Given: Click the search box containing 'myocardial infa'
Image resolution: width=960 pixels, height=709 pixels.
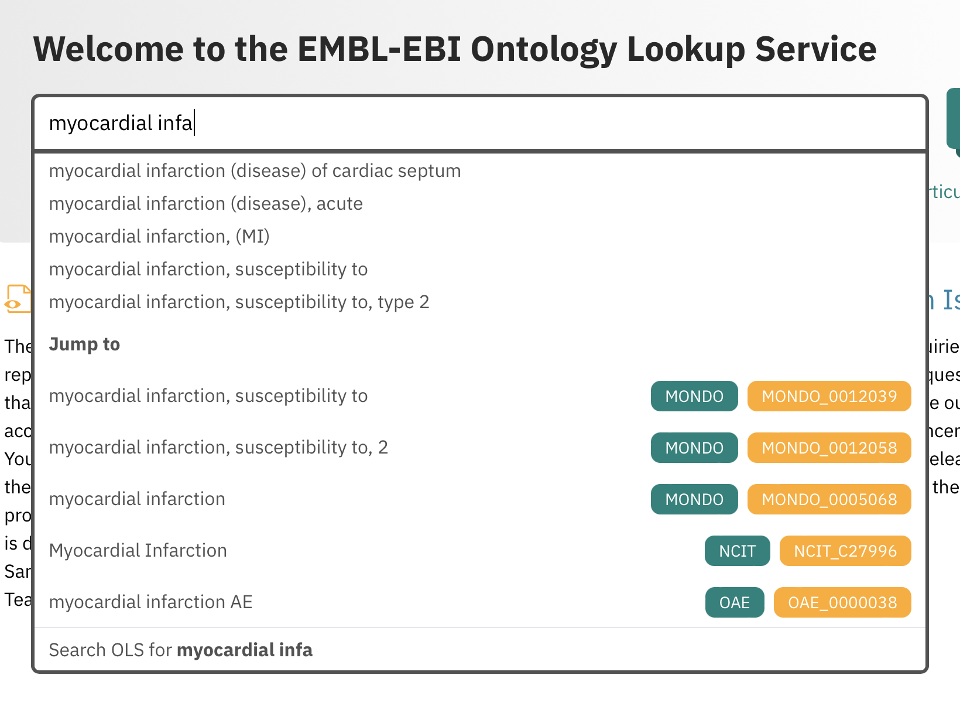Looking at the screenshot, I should point(480,123).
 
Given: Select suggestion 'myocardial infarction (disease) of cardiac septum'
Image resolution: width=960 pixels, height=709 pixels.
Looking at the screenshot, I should point(255,171).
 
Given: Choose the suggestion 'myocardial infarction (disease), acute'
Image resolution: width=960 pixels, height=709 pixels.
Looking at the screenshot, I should point(205,204).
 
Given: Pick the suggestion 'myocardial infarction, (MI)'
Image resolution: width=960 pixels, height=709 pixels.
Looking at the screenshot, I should point(159,237).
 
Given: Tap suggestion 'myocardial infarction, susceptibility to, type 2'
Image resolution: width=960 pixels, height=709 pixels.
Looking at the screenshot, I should point(239,302).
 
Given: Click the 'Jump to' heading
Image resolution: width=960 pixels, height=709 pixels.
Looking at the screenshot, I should point(84,345).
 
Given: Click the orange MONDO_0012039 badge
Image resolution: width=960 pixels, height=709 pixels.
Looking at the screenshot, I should point(829,397).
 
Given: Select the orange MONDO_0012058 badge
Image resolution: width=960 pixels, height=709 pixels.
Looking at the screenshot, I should point(829,448).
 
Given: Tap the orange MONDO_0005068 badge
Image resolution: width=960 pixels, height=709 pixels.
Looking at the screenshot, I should point(829,500).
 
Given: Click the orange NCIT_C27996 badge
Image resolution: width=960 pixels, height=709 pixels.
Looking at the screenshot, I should point(845,551).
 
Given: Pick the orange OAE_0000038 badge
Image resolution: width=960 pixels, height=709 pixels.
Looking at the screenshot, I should point(842,603).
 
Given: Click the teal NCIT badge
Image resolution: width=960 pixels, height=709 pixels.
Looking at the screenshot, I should point(737,551).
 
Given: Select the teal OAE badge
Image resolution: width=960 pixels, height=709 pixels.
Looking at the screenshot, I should point(734,603).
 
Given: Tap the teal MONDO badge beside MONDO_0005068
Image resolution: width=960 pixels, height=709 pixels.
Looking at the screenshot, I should point(694,500).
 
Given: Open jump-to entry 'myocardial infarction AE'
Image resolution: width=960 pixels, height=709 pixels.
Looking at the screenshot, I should point(150,602).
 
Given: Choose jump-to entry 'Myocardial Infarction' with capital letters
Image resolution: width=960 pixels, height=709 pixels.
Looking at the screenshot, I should point(138,551).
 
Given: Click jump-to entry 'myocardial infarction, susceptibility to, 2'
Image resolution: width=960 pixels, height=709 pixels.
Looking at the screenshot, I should point(218,448).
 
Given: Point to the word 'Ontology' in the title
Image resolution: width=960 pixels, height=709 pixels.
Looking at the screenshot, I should point(543,49).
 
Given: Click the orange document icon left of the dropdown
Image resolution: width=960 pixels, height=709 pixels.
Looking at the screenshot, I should point(18,299).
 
